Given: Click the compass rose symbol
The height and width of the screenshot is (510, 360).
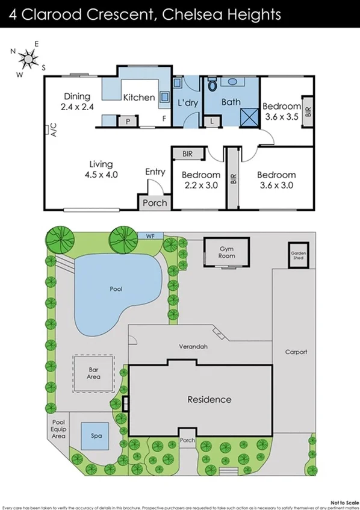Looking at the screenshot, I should (28, 58).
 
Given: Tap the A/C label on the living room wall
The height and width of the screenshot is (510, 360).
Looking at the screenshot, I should (52, 131).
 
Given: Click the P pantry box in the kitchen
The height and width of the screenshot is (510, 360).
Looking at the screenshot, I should (128, 122).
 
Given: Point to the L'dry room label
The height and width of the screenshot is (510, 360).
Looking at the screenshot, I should (187, 102).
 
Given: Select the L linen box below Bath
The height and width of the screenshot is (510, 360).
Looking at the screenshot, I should (213, 122).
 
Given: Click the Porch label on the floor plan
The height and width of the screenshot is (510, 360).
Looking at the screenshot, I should (155, 203).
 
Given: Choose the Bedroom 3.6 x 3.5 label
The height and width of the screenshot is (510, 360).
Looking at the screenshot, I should (282, 111).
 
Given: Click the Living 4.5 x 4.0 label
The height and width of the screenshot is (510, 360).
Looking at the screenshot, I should (101, 169).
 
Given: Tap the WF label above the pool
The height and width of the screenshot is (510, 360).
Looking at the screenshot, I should (150, 235).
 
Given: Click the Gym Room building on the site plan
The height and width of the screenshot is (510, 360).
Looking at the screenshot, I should (226, 252).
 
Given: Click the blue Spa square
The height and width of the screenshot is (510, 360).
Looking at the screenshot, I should (96, 435).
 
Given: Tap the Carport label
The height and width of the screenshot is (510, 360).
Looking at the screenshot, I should (296, 352).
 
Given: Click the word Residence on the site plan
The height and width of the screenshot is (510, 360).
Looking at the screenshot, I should (209, 399).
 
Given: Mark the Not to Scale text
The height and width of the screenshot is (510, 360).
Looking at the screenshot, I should (345, 501).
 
